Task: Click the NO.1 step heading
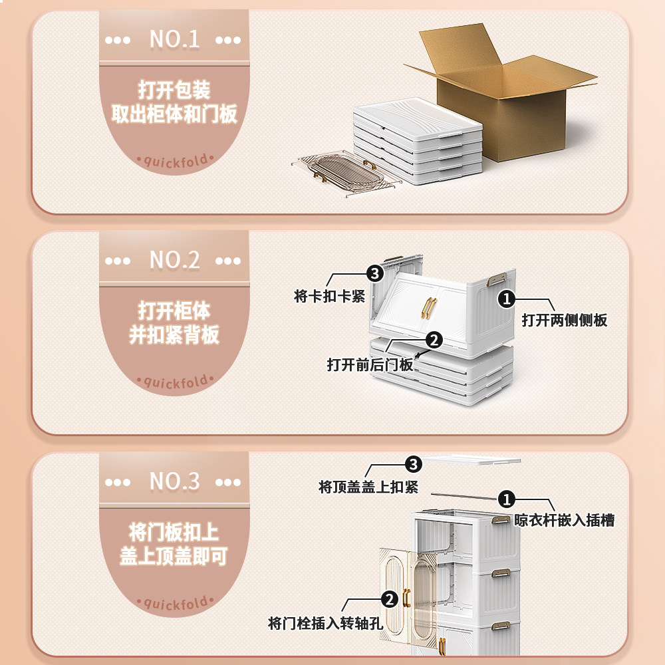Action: click(174, 39)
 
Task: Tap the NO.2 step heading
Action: click(174, 260)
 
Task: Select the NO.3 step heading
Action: click(174, 481)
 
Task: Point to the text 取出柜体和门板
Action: click(174, 114)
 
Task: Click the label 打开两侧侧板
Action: click(564, 320)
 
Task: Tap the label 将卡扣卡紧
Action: click(330, 297)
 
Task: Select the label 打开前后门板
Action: click(370, 365)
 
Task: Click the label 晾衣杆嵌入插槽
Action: click(565, 520)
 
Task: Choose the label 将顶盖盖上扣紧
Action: click(368, 487)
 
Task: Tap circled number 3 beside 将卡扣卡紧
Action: click(374, 273)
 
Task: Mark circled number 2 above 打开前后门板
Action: click(434, 340)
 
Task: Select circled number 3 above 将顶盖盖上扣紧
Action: click(414, 463)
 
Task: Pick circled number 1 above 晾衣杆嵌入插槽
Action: click(507, 498)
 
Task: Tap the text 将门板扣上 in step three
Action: click(174, 532)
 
